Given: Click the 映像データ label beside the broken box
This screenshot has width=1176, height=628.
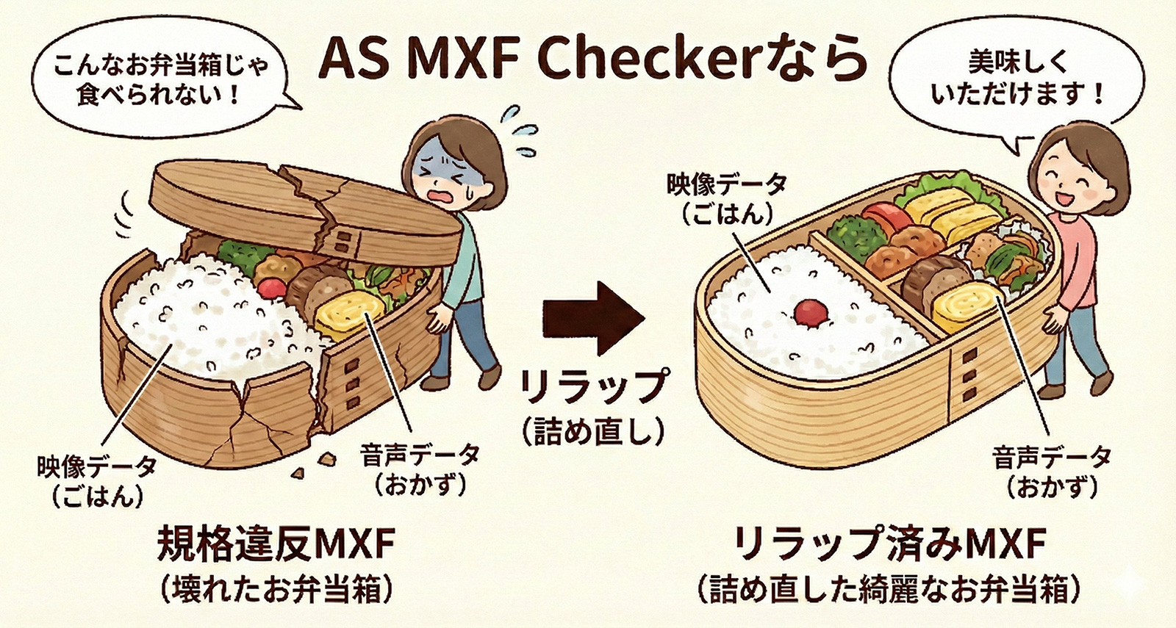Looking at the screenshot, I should [96, 467].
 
